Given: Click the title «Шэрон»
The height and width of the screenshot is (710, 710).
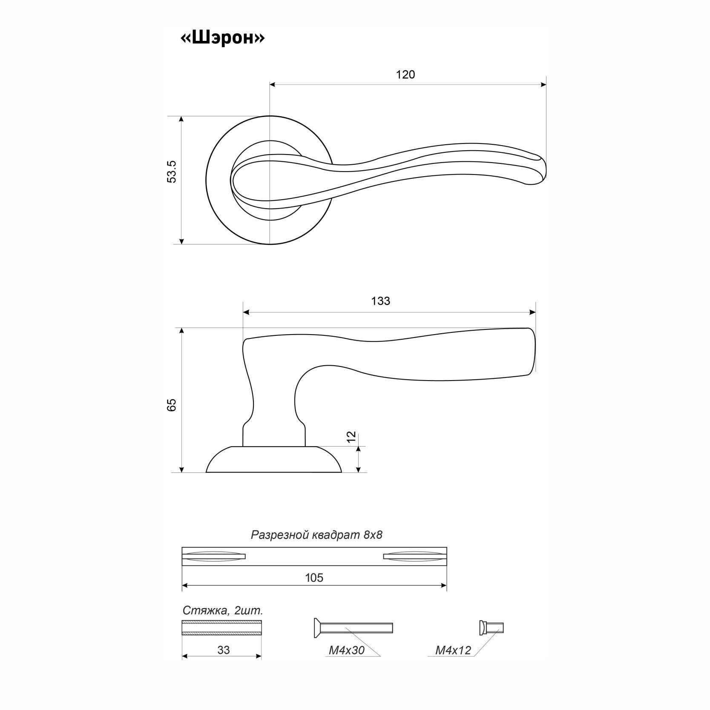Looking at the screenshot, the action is pyautogui.click(x=222, y=38).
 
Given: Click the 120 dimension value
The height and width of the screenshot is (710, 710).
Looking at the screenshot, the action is pyautogui.click(x=405, y=75).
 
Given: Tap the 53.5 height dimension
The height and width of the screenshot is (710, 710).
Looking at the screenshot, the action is pyautogui.click(x=171, y=172).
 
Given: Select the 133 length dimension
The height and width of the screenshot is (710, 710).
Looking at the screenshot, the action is pyautogui.click(x=380, y=301).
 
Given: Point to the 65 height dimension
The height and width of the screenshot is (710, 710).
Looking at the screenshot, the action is pyautogui.click(x=171, y=405).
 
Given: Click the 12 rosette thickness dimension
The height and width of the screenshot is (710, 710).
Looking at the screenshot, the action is pyautogui.click(x=351, y=436).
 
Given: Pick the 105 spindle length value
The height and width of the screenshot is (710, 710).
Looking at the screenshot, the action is pyautogui.click(x=314, y=578).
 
